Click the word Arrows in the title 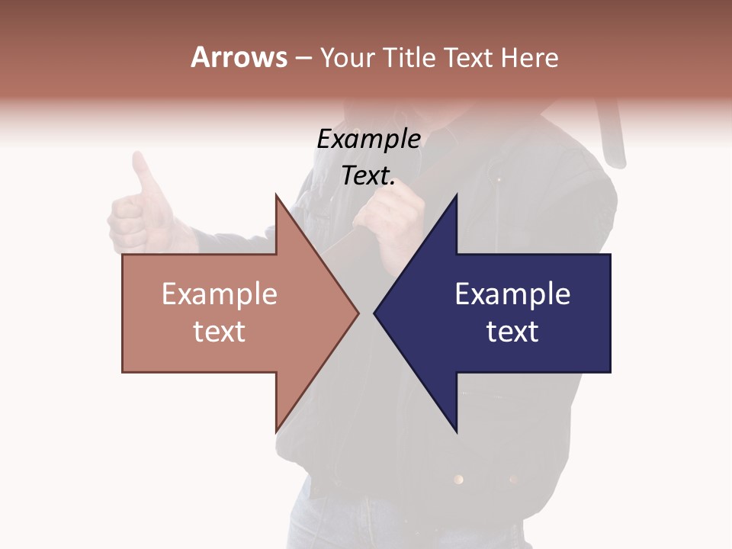(x=238, y=57)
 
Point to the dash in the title (x=303, y=59)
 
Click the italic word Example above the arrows (x=368, y=140)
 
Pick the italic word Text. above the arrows (x=368, y=176)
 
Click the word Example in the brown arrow (x=220, y=294)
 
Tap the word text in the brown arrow (x=220, y=332)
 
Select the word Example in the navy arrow (x=512, y=294)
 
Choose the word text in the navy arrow (x=512, y=332)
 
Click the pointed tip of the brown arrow (x=358, y=313)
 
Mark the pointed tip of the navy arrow (x=375, y=313)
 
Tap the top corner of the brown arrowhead (x=276, y=196)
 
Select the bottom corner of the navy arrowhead (x=457, y=432)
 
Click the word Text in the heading (x=469, y=57)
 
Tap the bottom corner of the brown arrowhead (x=276, y=432)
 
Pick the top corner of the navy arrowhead (x=457, y=196)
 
